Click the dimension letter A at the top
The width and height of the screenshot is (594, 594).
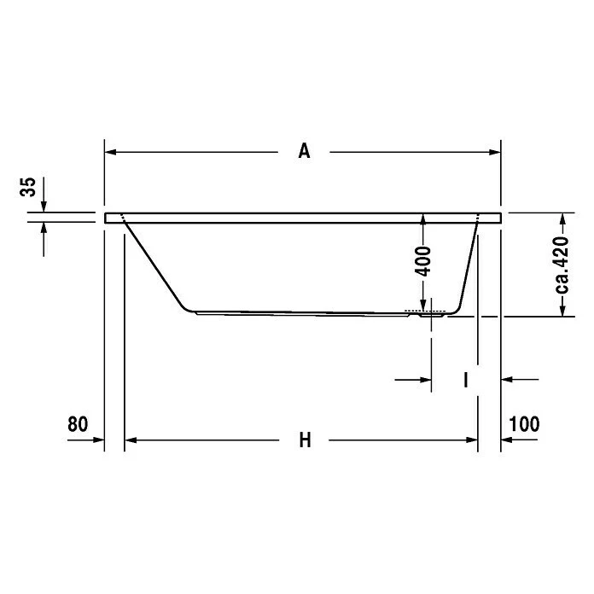point(304,152)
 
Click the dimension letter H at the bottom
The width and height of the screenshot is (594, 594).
point(305,440)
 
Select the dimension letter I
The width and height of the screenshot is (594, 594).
point(466,379)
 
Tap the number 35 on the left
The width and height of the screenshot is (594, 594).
point(29,187)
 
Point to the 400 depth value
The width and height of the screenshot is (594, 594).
point(424,259)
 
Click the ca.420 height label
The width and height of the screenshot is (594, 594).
point(562,265)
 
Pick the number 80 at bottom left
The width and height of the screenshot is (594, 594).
point(78,424)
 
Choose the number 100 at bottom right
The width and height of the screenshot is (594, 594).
point(524,424)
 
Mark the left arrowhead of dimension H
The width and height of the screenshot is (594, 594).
point(131,440)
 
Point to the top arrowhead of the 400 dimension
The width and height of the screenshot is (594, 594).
point(424,219)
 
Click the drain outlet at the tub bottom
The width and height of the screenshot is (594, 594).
point(431,314)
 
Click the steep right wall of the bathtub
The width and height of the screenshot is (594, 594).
point(468,265)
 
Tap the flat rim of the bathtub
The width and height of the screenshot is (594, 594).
point(303,218)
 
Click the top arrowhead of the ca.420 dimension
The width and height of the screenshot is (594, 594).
point(562,218)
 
